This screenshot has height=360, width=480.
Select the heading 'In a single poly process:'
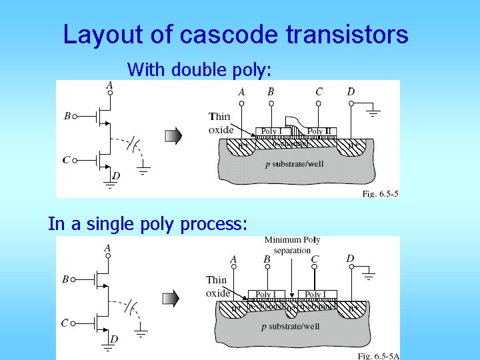point(148,224)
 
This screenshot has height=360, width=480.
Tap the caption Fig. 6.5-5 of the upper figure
point(380,193)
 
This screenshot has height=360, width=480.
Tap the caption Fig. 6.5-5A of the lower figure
point(378,356)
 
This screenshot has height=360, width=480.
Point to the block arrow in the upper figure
point(173,136)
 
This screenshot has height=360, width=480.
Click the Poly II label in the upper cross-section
point(323,131)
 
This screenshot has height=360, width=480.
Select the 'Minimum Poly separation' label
point(292,245)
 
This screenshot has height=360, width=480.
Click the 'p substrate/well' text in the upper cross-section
point(294,164)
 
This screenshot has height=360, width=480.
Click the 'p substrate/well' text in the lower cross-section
point(290,326)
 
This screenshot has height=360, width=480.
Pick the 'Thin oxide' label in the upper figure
point(221,123)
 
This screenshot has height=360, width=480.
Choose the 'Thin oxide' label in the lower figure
point(217,286)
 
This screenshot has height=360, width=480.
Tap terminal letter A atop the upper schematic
point(109,85)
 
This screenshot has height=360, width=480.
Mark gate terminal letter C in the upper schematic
point(66,160)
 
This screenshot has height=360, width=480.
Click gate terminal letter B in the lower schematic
point(65,279)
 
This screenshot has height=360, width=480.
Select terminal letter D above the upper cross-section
point(351,91)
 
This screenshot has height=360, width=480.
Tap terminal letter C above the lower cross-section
point(315,259)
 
